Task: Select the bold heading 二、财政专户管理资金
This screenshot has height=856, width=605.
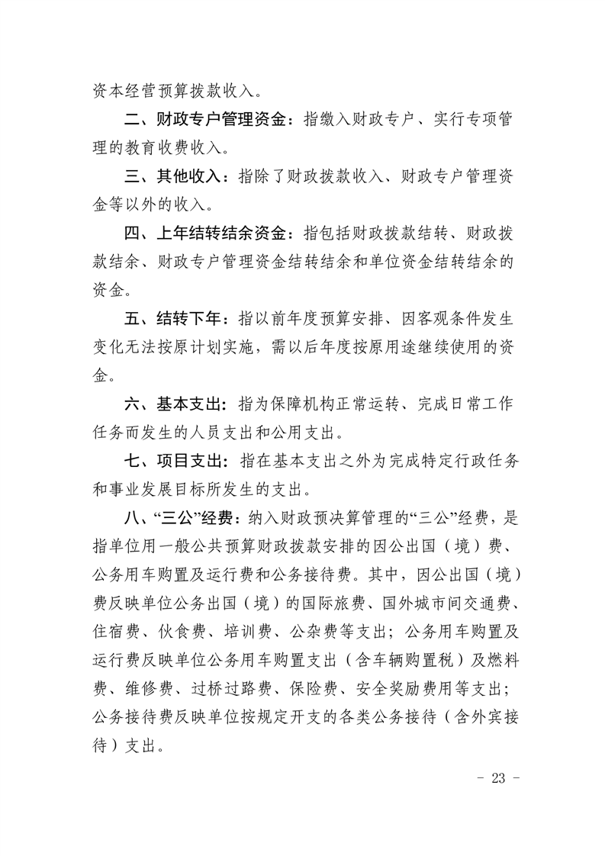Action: (x=205, y=120)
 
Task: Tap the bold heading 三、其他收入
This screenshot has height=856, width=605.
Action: (x=175, y=176)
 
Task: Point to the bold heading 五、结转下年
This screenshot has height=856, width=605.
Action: (x=175, y=316)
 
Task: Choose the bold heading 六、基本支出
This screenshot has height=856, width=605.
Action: (x=175, y=401)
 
